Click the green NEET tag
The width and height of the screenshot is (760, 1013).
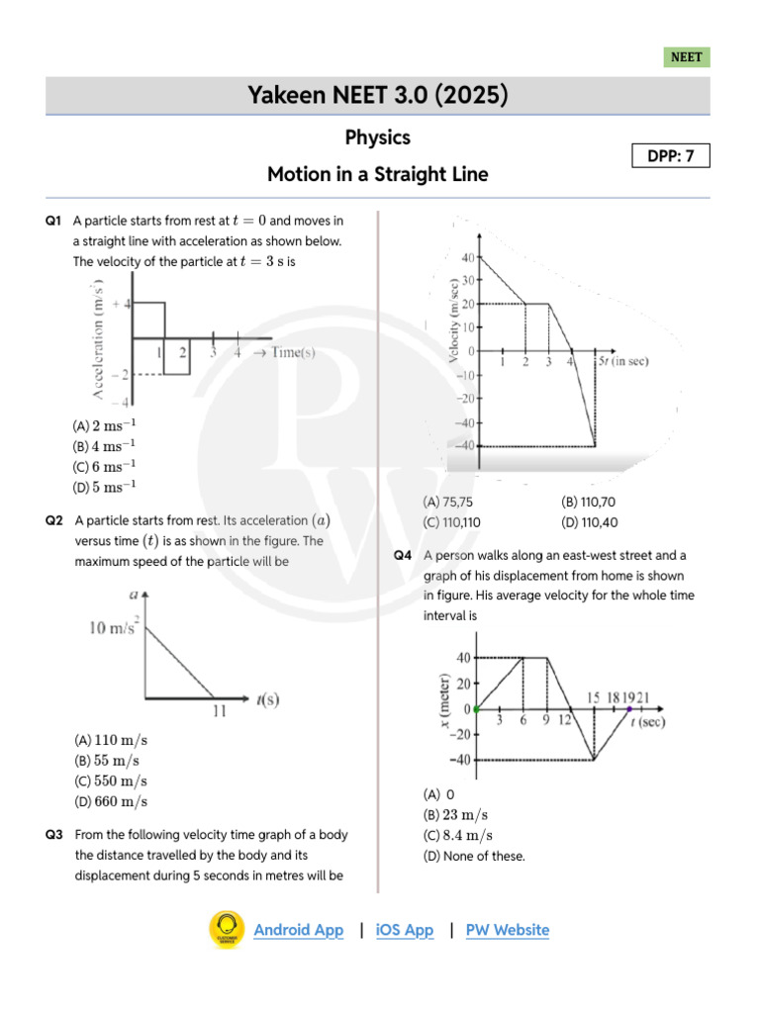click(x=687, y=57)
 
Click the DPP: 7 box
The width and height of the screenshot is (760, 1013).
click(x=671, y=155)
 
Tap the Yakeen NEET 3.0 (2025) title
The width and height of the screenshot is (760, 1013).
click(x=379, y=96)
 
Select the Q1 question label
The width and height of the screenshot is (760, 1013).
click(x=54, y=220)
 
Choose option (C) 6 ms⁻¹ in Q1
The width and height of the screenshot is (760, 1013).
click(x=104, y=466)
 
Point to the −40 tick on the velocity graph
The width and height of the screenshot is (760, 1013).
click(x=463, y=445)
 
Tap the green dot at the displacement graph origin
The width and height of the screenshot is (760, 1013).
click(x=476, y=708)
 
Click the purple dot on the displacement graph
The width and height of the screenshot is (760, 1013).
click(x=629, y=708)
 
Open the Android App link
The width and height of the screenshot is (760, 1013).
click(x=299, y=930)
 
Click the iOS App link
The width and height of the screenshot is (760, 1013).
click(x=405, y=930)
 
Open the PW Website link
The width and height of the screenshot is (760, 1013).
click(x=507, y=930)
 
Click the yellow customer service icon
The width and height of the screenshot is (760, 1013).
click(x=227, y=930)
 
